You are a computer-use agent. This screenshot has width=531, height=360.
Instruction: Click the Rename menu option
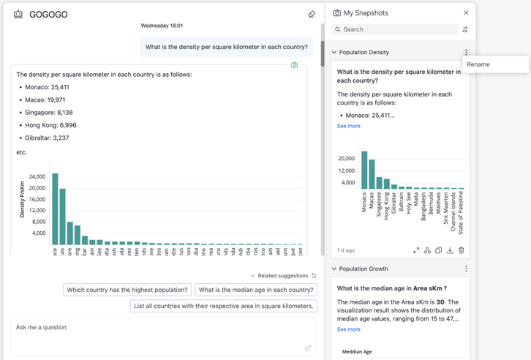click(479, 64)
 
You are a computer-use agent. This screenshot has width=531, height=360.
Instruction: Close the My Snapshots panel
click(466, 13)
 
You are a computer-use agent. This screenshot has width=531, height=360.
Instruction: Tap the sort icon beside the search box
click(465, 30)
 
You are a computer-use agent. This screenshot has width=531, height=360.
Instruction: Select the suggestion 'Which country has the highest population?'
click(127, 290)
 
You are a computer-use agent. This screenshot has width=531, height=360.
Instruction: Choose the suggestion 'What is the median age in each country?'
click(256, 290)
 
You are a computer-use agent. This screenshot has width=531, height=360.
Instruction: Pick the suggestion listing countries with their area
click(224, 306)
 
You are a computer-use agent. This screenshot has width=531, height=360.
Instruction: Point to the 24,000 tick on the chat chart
click(37, 176)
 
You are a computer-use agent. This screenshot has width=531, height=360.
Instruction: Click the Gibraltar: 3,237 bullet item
click(48, 138)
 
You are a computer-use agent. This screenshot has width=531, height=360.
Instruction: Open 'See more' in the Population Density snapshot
click(348, 126)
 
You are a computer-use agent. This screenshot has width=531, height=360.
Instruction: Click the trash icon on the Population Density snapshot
click(462, 250)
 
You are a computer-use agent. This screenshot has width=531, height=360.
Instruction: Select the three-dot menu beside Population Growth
click(466, 269)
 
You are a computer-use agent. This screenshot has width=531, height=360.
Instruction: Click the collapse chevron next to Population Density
click(334, 53)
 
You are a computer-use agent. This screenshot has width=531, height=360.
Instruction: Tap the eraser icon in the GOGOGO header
click(312, 14)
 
